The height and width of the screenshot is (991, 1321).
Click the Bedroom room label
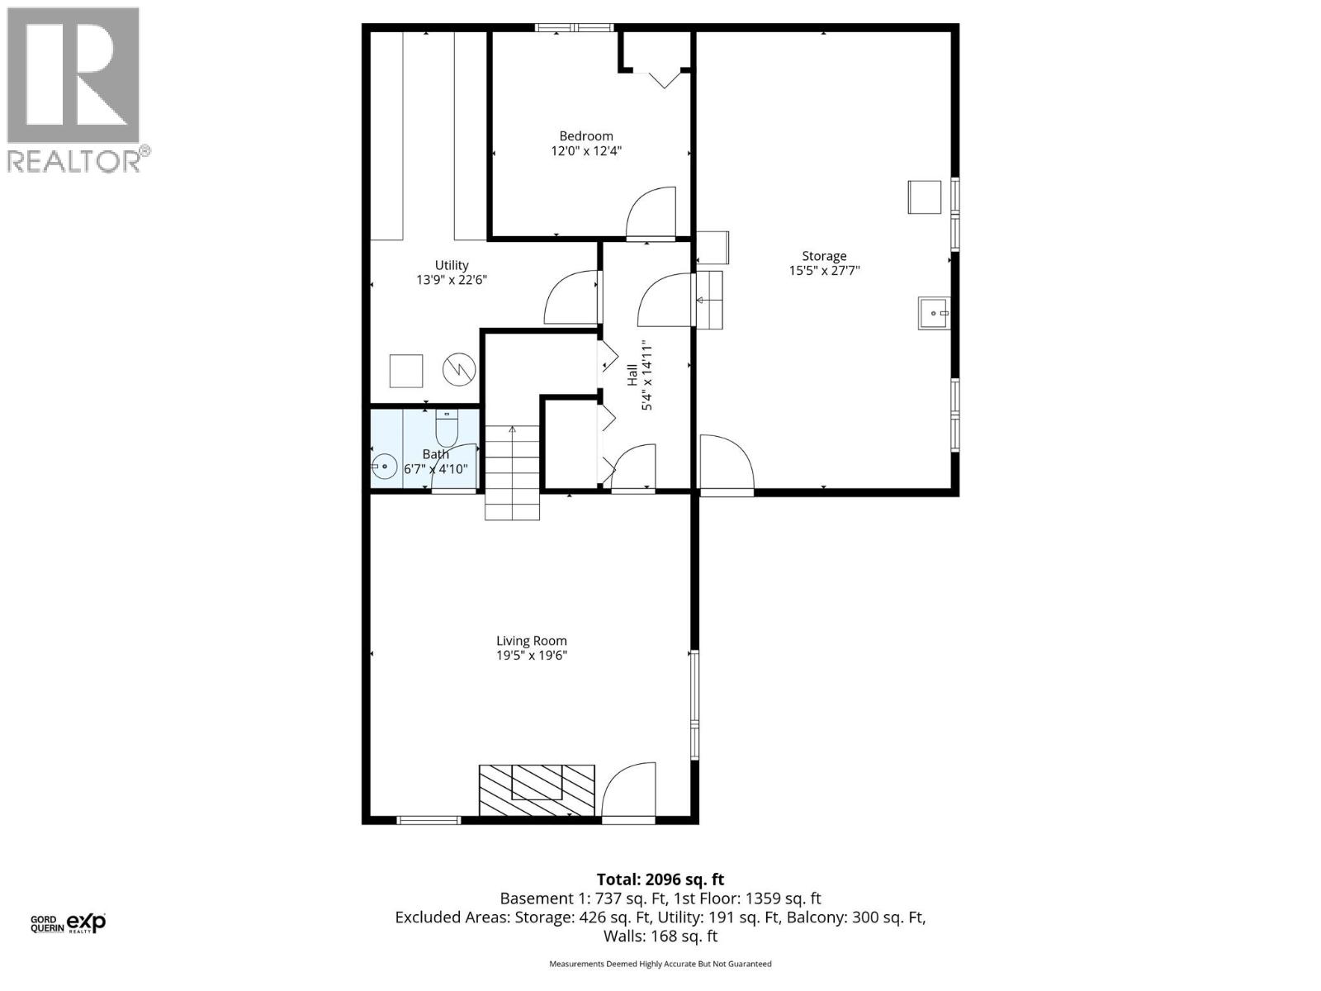pos(586,136)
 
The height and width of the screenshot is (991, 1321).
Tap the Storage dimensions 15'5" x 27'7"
pos(824,270)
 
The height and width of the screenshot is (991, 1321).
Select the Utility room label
pos(452,265)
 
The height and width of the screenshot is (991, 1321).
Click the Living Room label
pos(531,641)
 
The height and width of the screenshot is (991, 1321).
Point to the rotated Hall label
pos(632,377)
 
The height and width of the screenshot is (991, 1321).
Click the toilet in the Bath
pos(447,429)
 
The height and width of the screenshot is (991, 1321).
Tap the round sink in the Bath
pos(382,467)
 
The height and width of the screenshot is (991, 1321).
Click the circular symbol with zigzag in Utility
pos(460,370)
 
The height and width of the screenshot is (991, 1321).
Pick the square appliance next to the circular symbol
pos(406,371)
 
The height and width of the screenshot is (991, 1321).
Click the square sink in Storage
pos(934,314)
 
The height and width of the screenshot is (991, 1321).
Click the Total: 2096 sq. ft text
pos(660,880)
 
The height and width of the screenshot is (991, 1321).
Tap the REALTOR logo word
pos(74,161)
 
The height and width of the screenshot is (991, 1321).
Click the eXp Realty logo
pos(86,922)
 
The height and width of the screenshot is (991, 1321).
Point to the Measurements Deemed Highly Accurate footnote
pos(660,964)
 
